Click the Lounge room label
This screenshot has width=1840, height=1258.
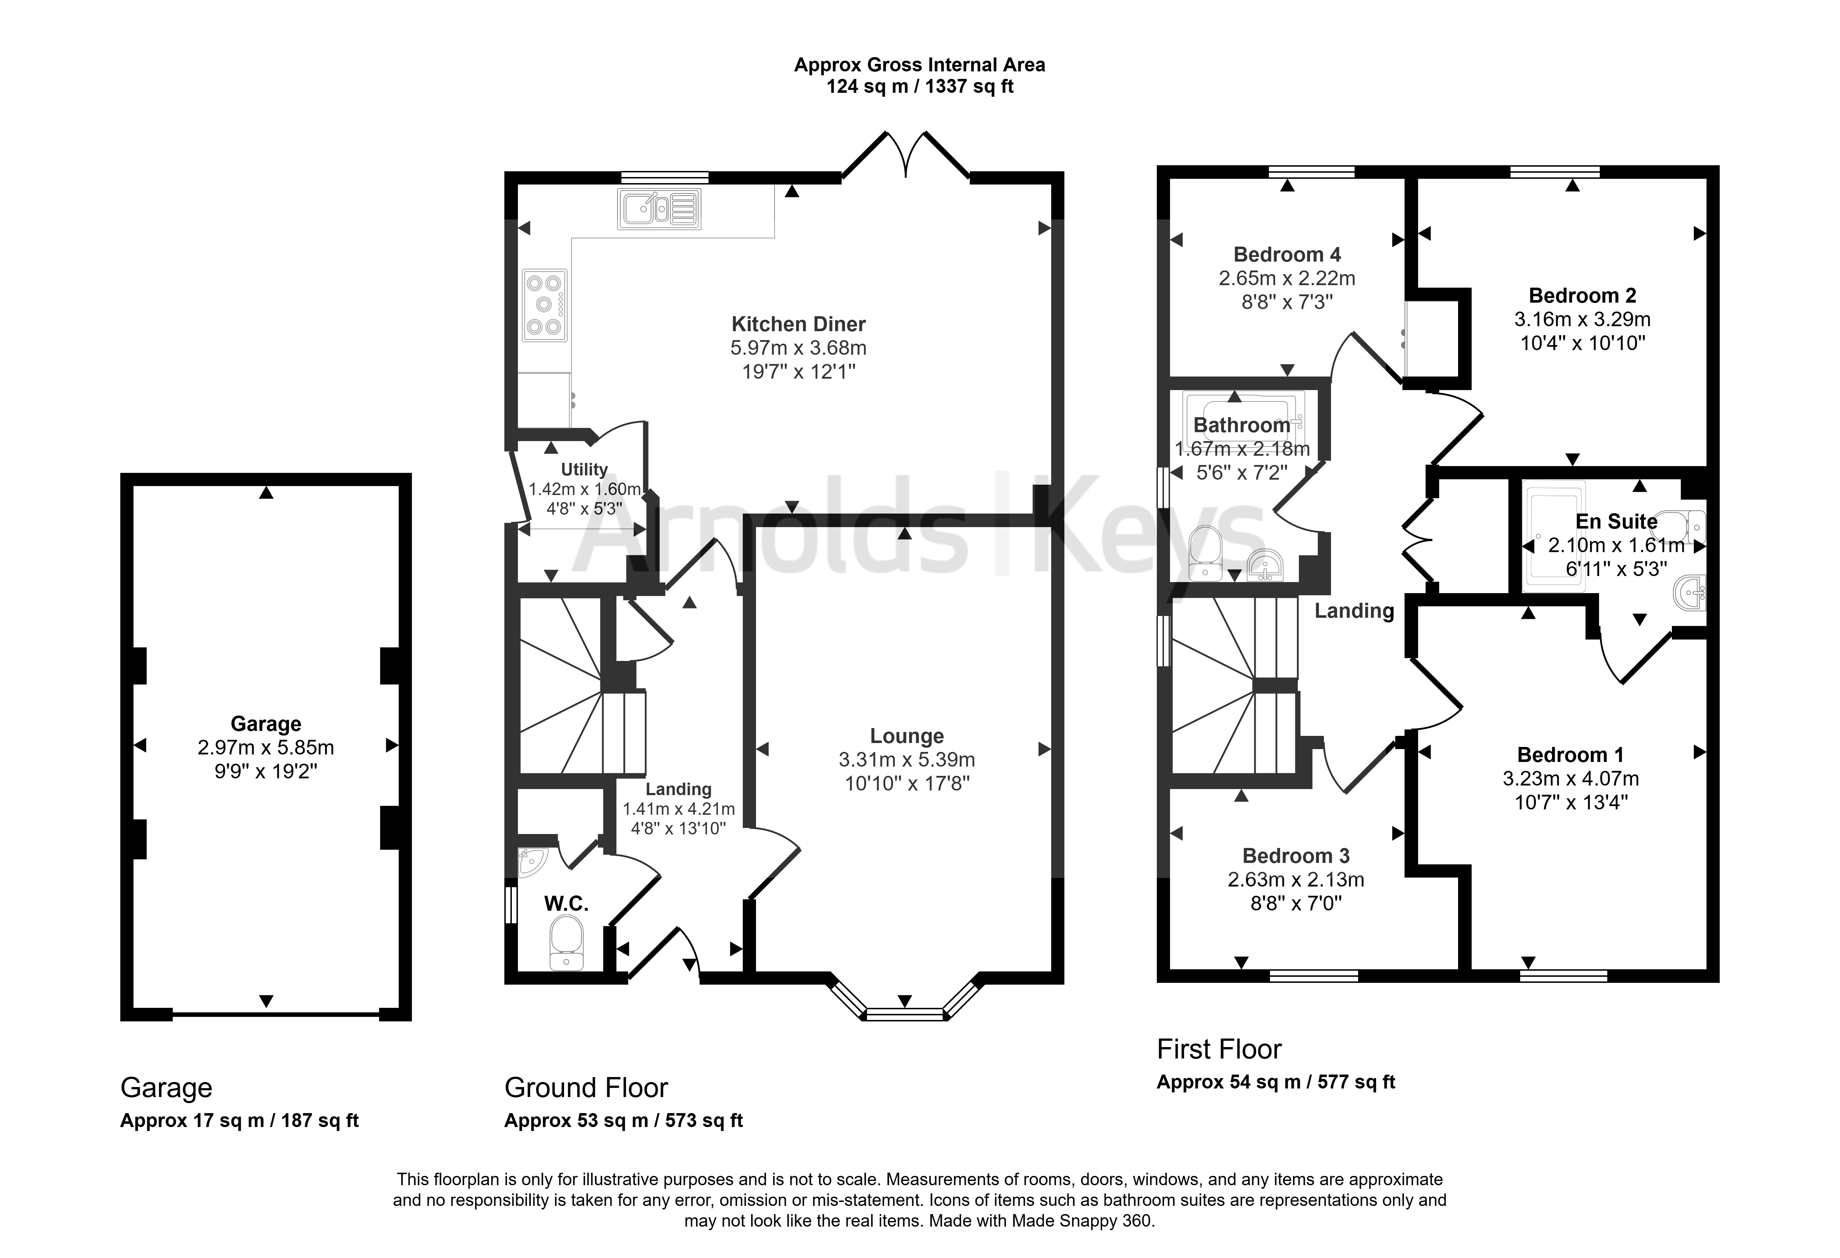[907, 736]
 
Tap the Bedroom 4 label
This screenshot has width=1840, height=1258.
[1287, 255]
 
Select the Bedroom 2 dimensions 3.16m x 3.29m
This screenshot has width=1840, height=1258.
[1582, 319]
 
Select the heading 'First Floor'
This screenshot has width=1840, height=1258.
[1219, 1049]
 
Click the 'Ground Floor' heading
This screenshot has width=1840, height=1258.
[586, 1088]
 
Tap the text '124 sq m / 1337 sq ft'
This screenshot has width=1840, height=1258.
[920, 86]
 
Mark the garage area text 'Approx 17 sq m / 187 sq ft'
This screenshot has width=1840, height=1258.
[239, 1121]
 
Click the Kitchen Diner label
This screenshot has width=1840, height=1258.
[798, 324]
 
